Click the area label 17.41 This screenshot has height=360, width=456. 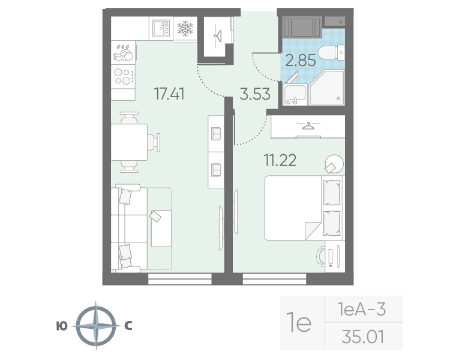point(169,94)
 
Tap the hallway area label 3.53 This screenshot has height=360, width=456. point(255,94)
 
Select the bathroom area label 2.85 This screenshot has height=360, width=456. point(301,61)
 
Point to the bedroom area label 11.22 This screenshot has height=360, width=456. point(280,160)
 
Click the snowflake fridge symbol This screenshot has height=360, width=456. point(185,28)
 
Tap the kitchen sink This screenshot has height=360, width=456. point(161,28)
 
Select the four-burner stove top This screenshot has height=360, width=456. point(123,76)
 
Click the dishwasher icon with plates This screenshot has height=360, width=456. point(123,53)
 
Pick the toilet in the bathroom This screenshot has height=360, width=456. point(332,53)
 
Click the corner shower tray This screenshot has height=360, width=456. point(327,87)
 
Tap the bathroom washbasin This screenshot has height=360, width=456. point(295,94)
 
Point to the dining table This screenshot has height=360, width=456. point(129,142)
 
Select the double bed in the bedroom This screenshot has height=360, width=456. point(303,208)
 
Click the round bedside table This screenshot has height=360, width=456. point(334,164)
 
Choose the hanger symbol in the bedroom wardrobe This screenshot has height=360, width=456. point(308,126)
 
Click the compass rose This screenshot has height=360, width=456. point(96,326)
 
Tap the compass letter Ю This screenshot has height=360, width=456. point(62,326)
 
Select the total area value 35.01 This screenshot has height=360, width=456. point(362,337)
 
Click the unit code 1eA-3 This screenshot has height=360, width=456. point(361,309)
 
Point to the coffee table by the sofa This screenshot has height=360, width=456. point(161,229)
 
